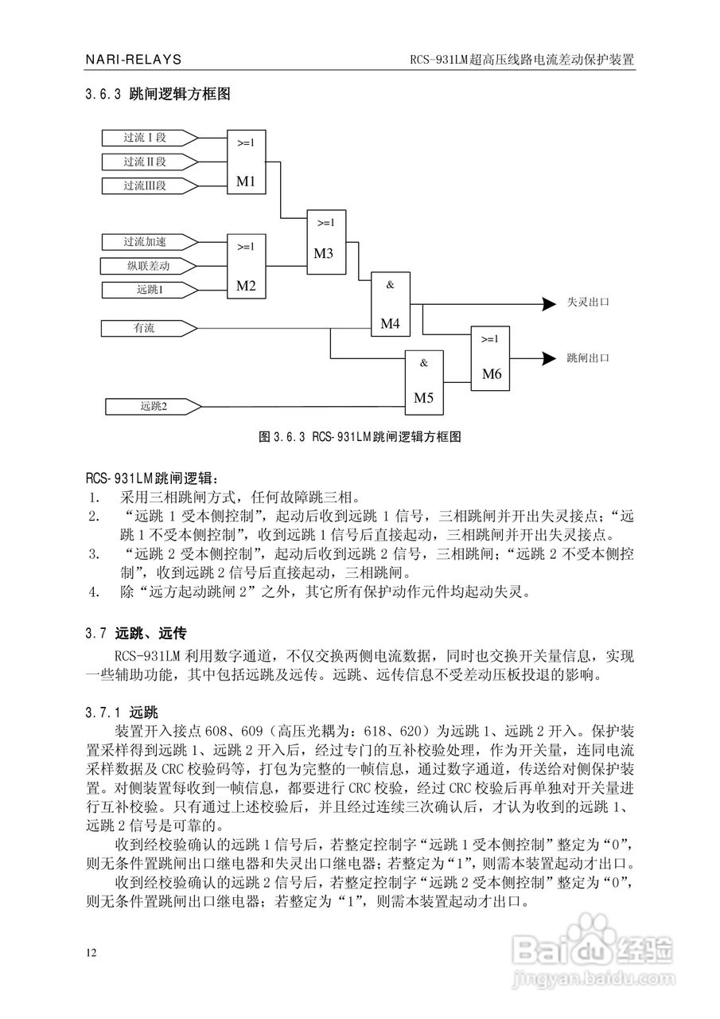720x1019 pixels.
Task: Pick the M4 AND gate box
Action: [390, 304]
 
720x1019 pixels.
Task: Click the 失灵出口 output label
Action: [588, 303]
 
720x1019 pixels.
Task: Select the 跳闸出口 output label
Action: [588, 358]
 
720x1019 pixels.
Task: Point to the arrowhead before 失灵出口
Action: [548, 303]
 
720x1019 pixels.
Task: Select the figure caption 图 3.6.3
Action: [360, 437]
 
